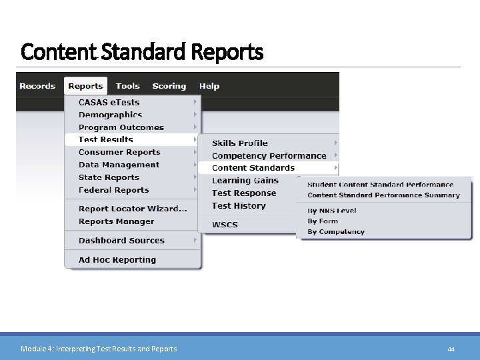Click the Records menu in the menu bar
click(x=37, y=86)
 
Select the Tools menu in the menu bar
click(x=127, y=86)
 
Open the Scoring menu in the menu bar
click(x=169, y=86)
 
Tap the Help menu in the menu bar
click(x=209, y=86)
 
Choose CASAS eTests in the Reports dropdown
click(x=109, y=103)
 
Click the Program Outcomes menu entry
click(x=121, y=127)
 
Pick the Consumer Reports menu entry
click(x=119, y=152)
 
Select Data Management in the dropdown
click(x=119, y=165)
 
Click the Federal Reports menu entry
click(x=113, y=190)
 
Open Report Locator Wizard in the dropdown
click(x=133, y=209)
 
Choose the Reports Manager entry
click(x=116, y=221)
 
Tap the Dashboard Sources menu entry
click(x=121, y=241)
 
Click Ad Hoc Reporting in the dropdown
click(x=117, y=260)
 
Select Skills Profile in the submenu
click(x=240, y=143)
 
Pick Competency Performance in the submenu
click(x=269, y=156)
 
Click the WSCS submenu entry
click(x=225, y=225)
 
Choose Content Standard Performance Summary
click(x=383, y=195)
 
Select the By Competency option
click(x=336, y=232)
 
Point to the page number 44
click(x=451, y=349)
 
